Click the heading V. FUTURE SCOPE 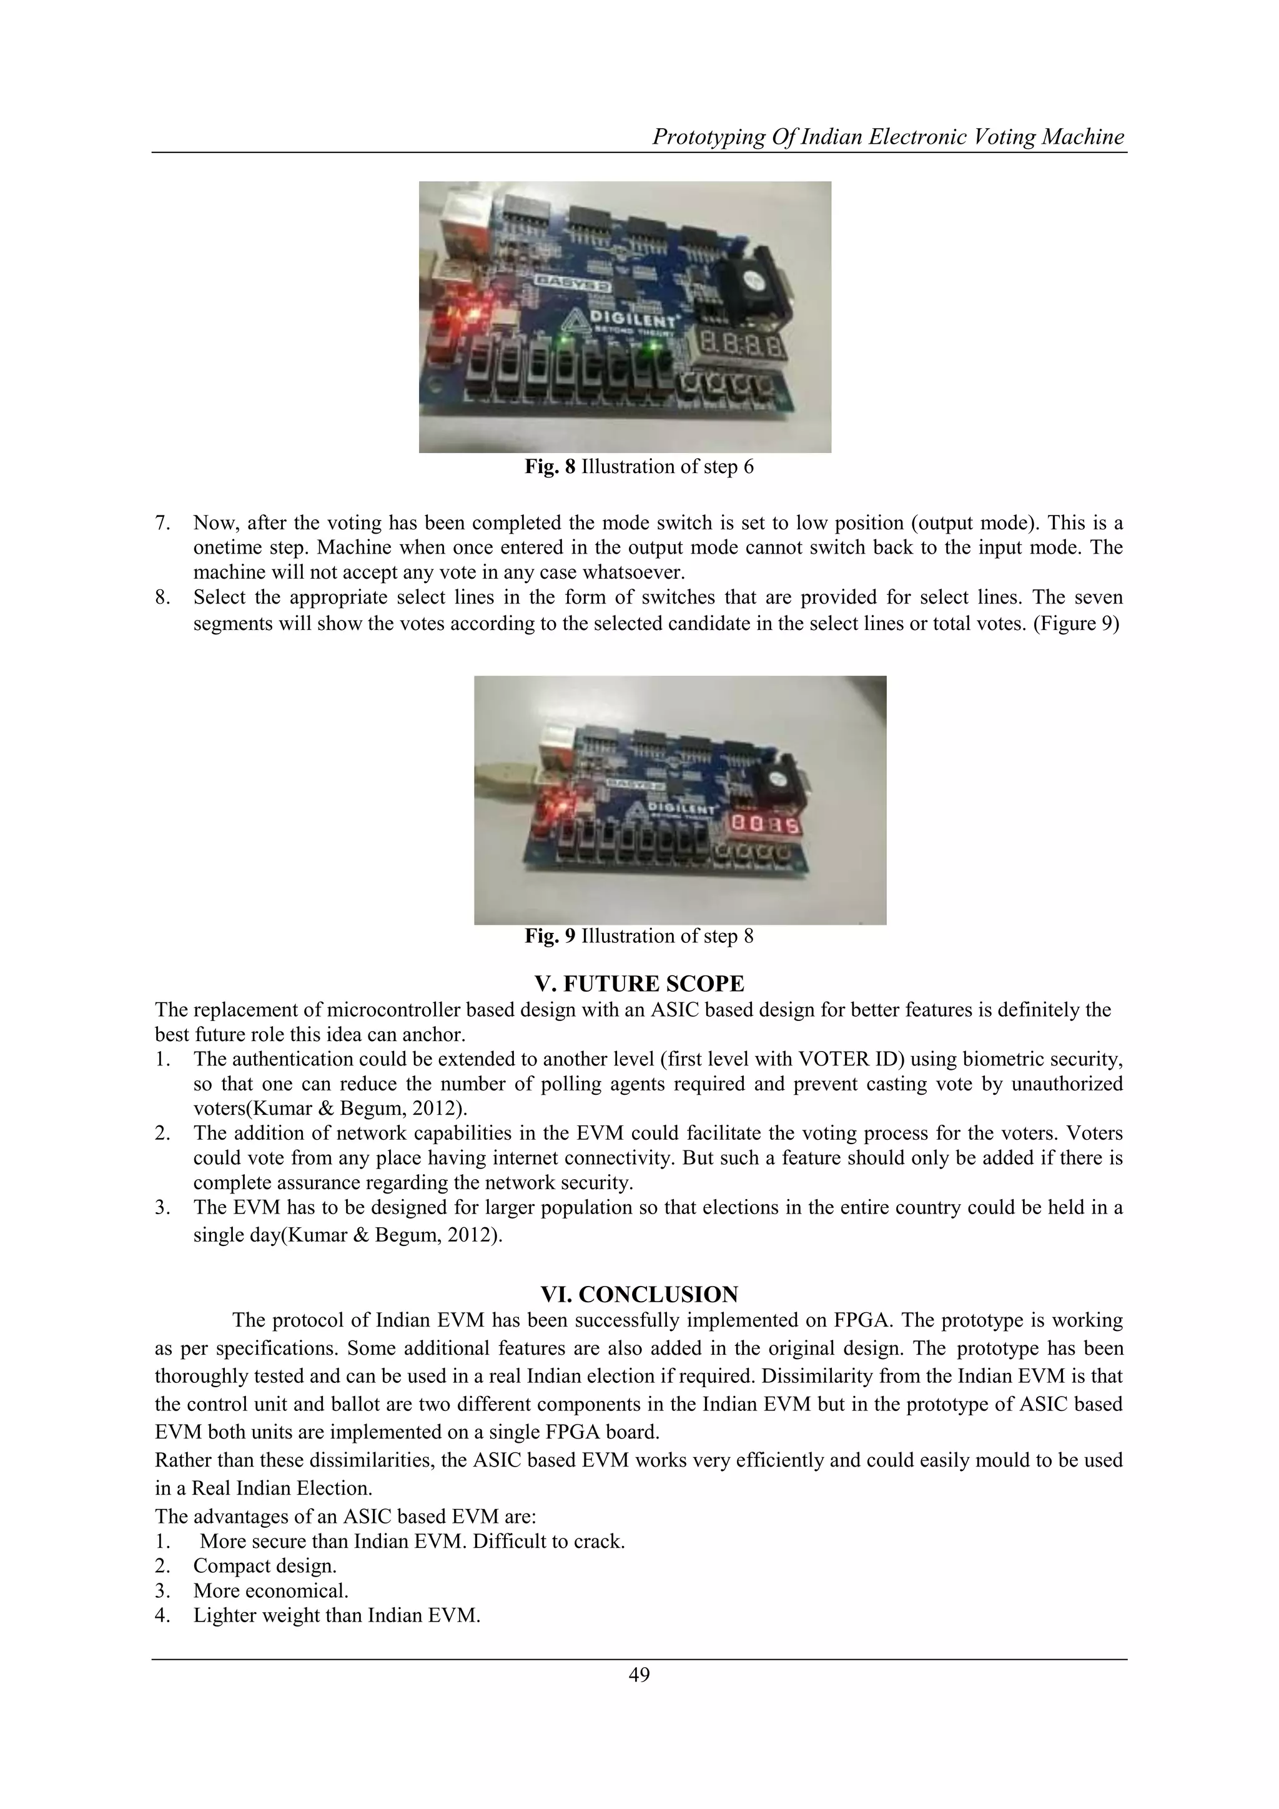tap(639, 984)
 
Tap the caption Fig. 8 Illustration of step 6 tap(639, 467)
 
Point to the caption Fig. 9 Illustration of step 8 tap(639, 936)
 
